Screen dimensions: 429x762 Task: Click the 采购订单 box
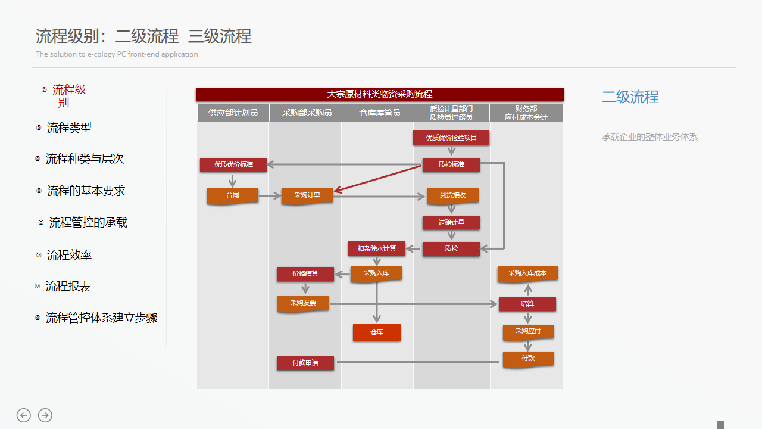pyautogui.click(x=307, y=195)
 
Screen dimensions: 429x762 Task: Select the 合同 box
pyautogui.click(x=232, y=195)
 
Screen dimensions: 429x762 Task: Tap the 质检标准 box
pyautogui.click(x=451, y=164)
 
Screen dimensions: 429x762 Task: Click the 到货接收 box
pyautogui.click(x=452, y=195)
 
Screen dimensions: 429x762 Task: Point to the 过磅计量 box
pyautogui.click(x=451, y=223)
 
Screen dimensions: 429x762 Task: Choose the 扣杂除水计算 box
pyautogui.click(x=376, y=248)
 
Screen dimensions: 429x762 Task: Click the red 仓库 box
pyautogui.click(x=376, y=332)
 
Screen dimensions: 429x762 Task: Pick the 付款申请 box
pyautogui.click(x=305, y=363)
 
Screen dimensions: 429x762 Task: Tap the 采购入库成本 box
pyautogui.click(x=527, y=273)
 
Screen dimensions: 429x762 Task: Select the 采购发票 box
pyautogui.click(x=303, y=303)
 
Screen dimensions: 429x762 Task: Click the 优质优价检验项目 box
pyautogui.click(x=451, y=138)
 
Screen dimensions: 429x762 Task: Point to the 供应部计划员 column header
pyautogui.click(x=233, y=113)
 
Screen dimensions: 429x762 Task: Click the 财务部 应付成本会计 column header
pyautogui.click(x=526, y=113)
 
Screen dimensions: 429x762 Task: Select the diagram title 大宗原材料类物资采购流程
pyautogui.click(x=380, y=94)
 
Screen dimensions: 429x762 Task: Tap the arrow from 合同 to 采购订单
pyautogui.click(x=270, y=195)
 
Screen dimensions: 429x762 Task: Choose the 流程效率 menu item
pyautogui.click(x=69, y=256)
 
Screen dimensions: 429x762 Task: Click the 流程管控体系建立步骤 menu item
pyautogui.click(x=101, y=318)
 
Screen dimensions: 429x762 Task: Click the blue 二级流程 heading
pyautogui.click(x=630, y=97)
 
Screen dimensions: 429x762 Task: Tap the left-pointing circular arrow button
pyautogui.click(x=24, y=415)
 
